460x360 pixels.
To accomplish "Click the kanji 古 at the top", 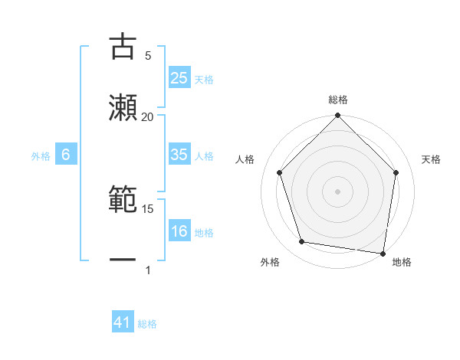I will point(123,47).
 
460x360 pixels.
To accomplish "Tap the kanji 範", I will point(123,201).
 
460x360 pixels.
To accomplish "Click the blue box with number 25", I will point(179,78).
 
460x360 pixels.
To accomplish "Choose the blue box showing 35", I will point(179,155).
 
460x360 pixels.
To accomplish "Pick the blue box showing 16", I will point(179,231).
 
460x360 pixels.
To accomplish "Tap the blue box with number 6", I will point(66,155).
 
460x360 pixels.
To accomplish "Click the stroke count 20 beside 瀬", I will point(148,116).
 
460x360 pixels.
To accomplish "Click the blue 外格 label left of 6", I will point(41,156).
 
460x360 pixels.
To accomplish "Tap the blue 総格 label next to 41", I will point(147,324).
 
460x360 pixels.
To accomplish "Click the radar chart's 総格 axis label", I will point(338,100).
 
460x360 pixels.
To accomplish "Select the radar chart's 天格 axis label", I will point(431,159).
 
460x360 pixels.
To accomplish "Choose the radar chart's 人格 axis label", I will point(245,159).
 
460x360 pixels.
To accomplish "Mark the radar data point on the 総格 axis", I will point(338,116).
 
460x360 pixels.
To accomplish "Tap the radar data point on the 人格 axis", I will point(280,172).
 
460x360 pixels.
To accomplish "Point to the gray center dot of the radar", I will point(338,191).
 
